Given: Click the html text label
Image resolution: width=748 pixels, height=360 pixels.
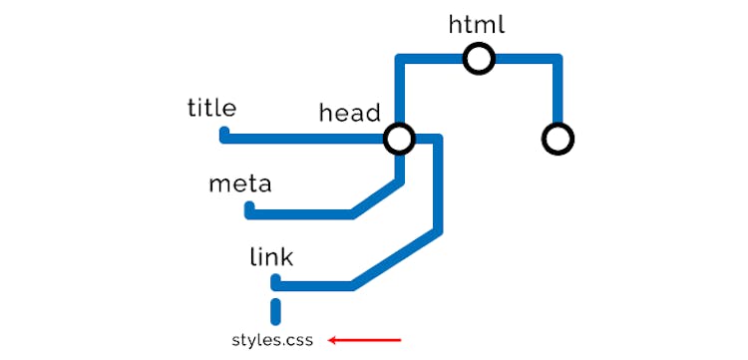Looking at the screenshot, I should [478, 24].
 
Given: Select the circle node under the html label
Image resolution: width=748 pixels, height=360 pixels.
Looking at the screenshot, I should [479, 60].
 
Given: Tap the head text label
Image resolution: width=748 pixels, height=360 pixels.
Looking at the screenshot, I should [349, 113].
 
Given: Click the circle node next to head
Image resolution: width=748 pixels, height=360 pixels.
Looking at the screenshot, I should [399, 139].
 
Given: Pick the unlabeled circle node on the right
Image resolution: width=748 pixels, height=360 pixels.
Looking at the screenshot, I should [558, 140].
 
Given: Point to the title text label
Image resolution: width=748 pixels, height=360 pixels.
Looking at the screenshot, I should [211, 108].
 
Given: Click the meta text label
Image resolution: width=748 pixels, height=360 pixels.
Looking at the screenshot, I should [239, 184].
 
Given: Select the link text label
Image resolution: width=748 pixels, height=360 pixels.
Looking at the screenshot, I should [271, 258].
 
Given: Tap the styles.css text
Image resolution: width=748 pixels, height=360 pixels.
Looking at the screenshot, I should [272, 340].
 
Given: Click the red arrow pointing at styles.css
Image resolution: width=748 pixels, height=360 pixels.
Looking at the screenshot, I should [365, 340].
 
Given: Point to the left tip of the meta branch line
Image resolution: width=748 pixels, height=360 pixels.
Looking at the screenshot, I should [249, 210].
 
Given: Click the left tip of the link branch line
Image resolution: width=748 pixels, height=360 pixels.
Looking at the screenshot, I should [276, 283].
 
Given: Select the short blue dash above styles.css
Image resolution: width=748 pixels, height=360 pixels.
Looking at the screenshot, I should [276, 310].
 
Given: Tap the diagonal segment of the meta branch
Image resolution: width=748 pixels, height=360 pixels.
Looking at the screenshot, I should [377, 197].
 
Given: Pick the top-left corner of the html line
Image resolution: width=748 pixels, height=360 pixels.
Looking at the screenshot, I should [400, 60].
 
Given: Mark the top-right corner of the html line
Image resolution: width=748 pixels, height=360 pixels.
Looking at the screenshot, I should [558, 60].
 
